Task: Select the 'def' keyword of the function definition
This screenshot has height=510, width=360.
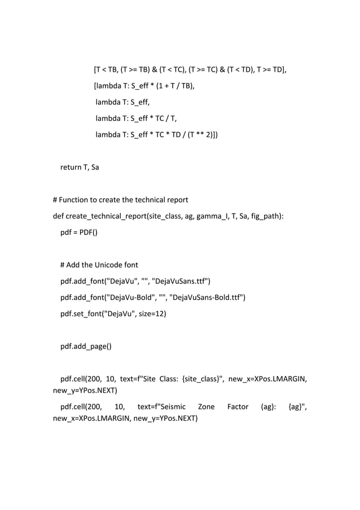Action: coord(58,216)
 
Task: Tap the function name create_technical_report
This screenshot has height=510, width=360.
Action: coord(105,216)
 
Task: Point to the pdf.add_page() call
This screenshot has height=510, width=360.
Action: coord(86,347)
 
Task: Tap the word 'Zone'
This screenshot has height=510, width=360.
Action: coord(205,407)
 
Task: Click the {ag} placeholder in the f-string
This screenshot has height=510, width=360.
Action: coord(295,407)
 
